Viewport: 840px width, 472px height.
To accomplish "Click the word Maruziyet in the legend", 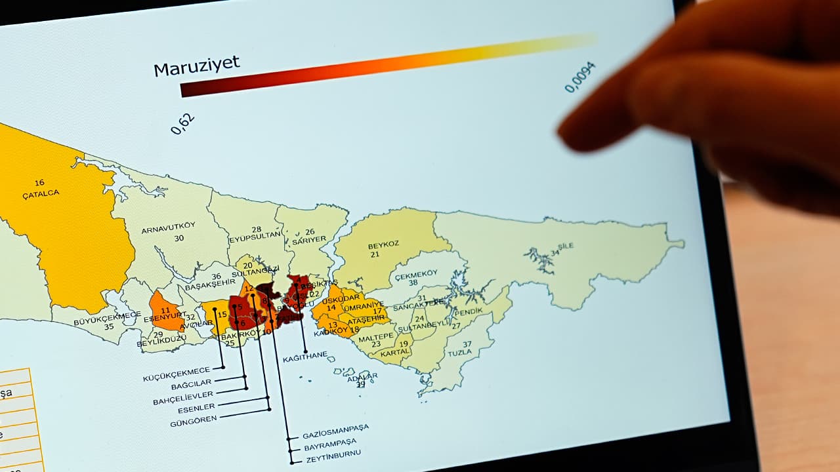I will (197, 66).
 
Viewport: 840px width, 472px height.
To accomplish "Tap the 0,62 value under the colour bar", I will (183, 124).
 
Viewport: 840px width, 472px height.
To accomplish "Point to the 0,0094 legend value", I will (580, 77).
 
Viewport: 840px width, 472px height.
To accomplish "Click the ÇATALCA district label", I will (41, 193).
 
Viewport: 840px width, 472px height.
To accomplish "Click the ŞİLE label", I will (565, 246).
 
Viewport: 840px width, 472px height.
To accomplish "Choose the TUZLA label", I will (459, 353).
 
